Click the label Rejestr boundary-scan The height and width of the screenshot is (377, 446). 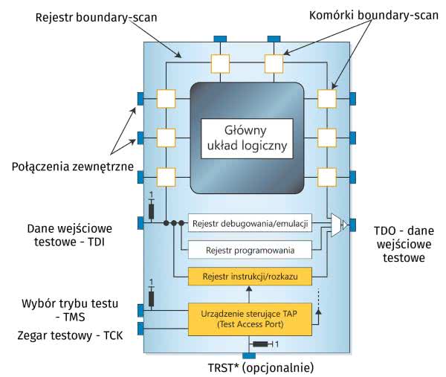[x=94, y=16]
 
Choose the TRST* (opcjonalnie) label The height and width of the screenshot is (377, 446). [x=251, y=367]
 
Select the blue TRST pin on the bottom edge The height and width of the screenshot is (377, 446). [x=248, y=355]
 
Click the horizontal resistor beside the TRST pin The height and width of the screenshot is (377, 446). [x=260, y=344]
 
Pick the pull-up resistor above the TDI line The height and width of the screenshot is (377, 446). [x=152, y=211]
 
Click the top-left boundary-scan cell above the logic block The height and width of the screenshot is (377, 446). [x=222, y=63]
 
